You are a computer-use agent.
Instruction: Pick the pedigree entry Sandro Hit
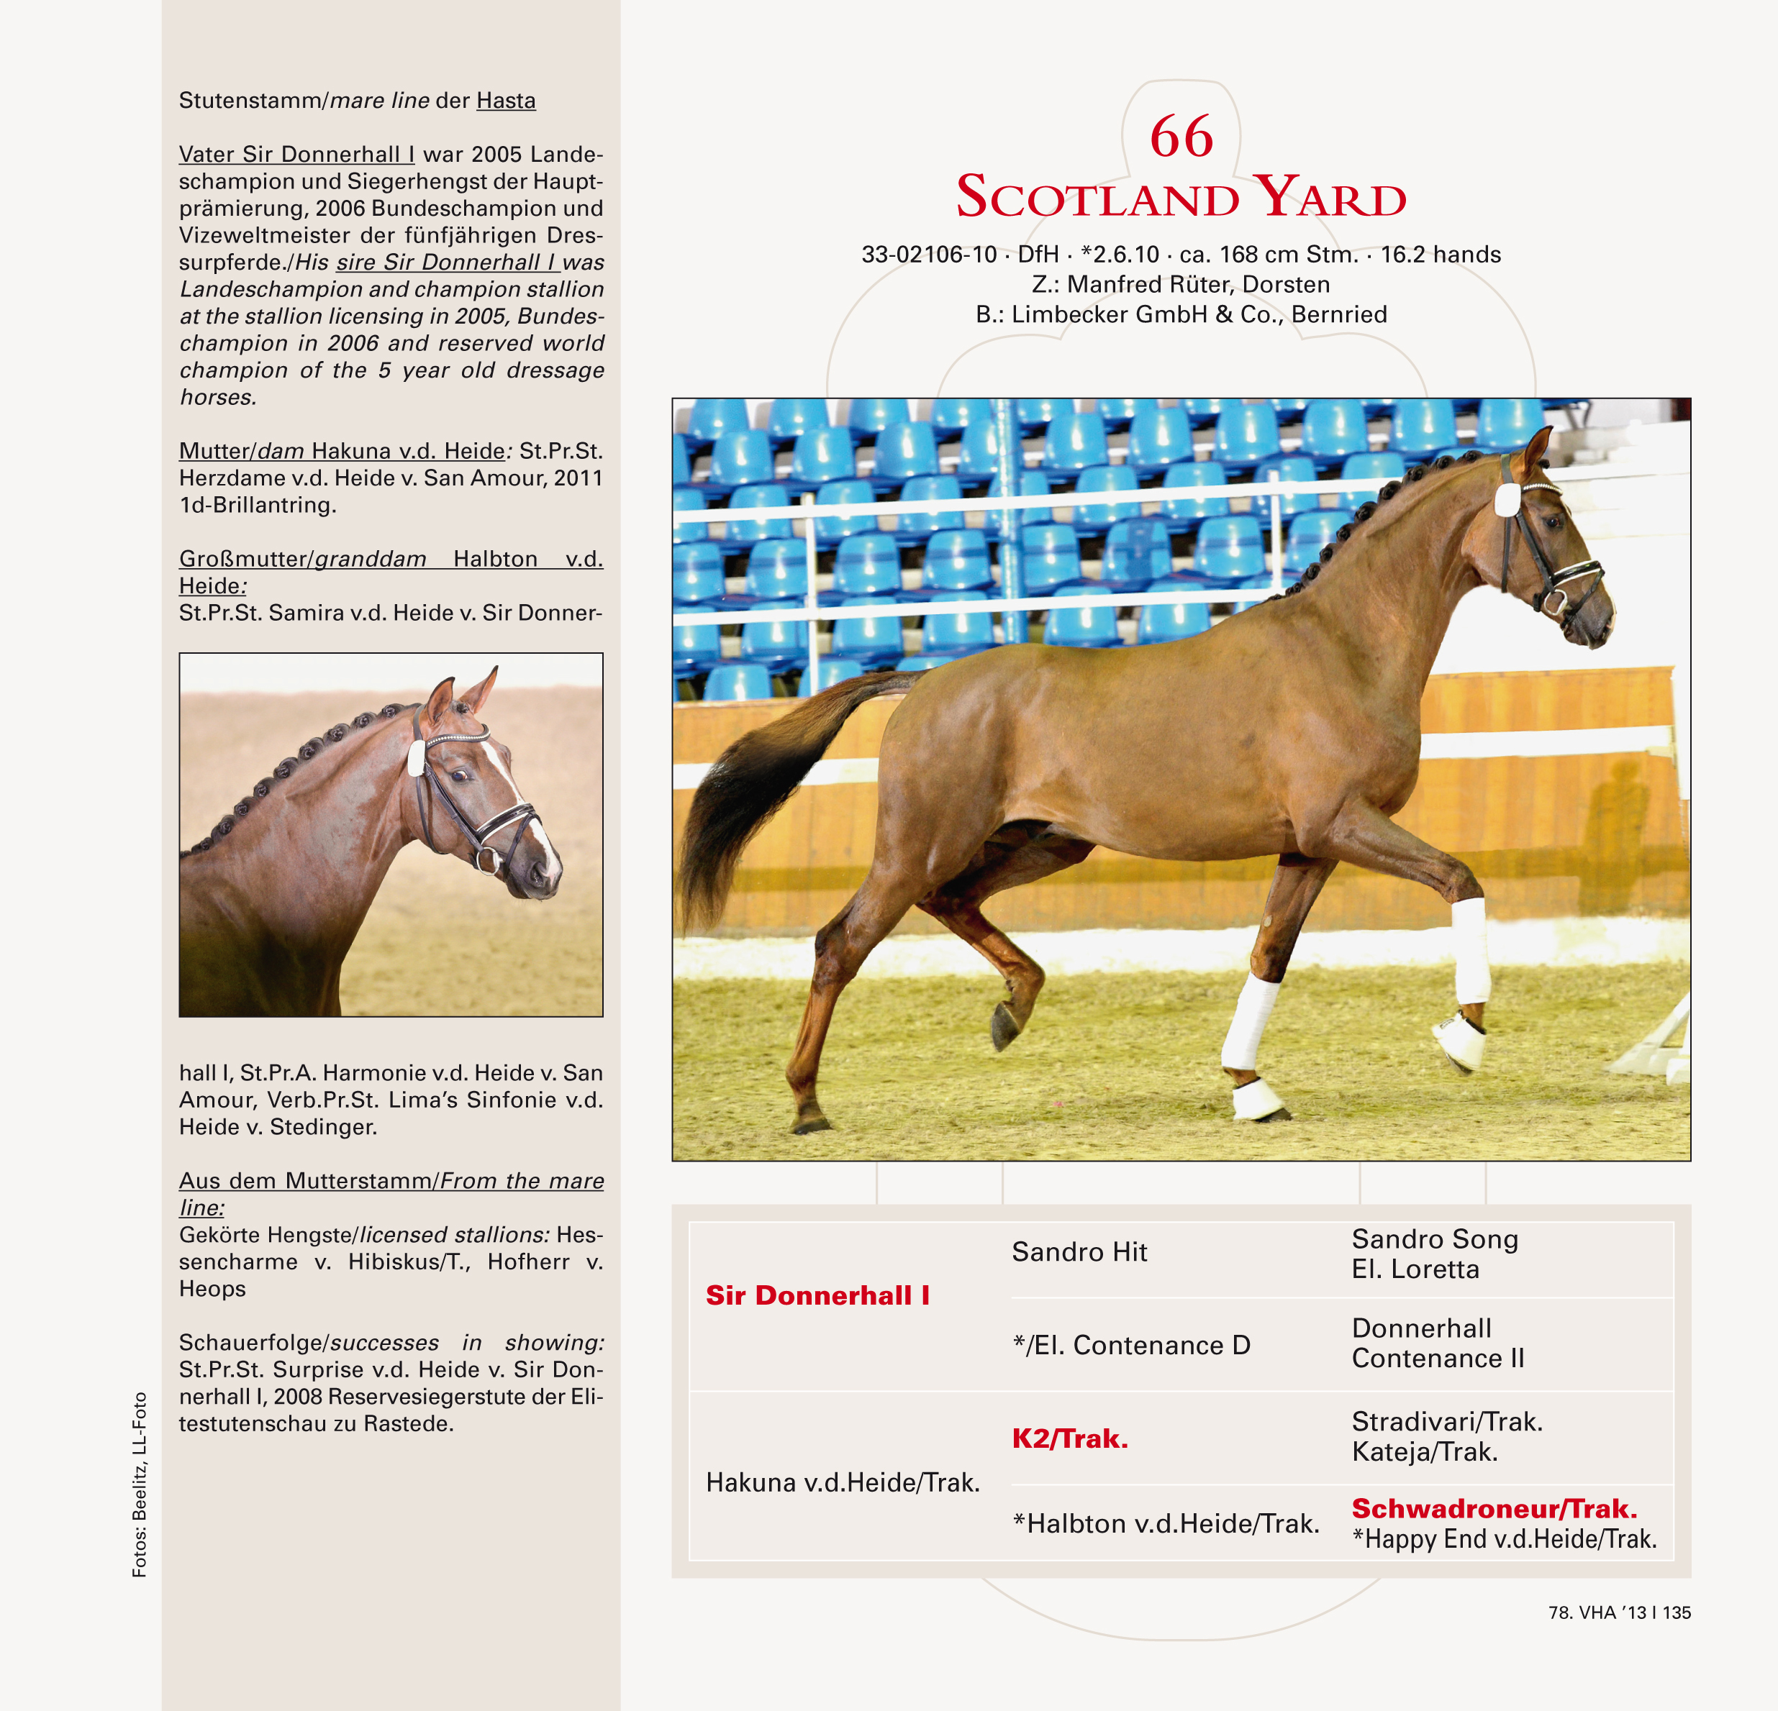pyautogui.click(x=1079, y=1251)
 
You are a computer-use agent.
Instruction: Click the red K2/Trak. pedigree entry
pyautogui.click(x=1069, y=1438)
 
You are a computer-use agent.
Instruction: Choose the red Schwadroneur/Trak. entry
pyautogui.click(x=1494, y=1508)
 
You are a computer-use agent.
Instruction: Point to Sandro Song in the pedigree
pyautogui.click(x=1434, y=1238)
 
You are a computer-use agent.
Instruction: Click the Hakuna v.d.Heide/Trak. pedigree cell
pyautogui.click(x=843, y=1482)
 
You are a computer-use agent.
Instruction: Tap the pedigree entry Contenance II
pyautogui.click(x=1437, y=1359)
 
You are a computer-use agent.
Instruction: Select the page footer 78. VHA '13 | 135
pyautogui.click(x=1619, y=1612)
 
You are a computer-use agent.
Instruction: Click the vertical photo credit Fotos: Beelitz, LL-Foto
pyautogui.click(x=140, y=1484)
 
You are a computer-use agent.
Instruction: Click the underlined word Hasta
pyautogui.click(x=505, y=101)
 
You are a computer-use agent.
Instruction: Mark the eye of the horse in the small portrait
pyautogui.click(x=459, y=775)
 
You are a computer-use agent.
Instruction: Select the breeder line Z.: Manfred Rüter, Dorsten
pyautogui.click(x=1180, y=285)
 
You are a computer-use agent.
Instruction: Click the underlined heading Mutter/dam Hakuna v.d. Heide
pyautogui.click(x=342, y=451)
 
